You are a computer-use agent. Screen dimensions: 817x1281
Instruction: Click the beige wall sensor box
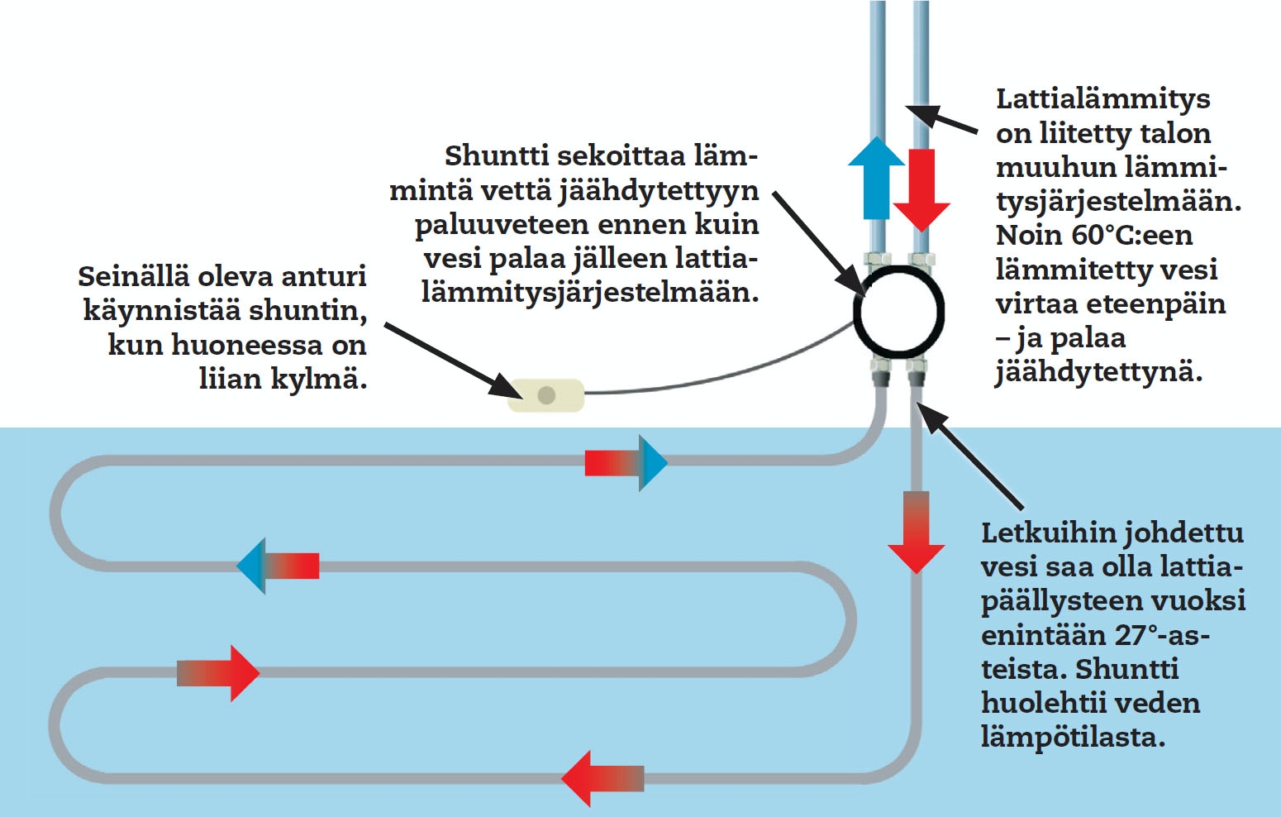(545, 395)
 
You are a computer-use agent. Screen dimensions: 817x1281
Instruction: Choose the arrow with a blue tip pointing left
(278, 566)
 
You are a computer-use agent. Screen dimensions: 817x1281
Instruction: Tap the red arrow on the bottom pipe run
(602, 778)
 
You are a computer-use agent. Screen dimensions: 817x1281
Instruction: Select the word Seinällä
(132, 276)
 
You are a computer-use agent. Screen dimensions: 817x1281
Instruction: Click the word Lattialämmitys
(1102, 98)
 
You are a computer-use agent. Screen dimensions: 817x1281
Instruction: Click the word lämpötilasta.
(1072, 737)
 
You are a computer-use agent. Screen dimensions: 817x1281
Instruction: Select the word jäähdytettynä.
(1098, 372)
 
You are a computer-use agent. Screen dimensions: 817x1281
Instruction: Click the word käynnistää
(162, 311)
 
